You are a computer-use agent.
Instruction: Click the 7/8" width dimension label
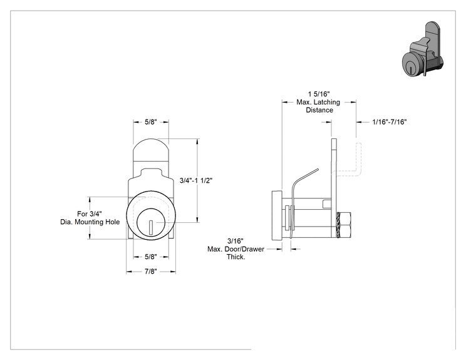(151, 272)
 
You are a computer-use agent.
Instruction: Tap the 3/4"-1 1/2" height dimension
(196, 180)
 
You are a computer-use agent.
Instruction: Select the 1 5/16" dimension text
(319, 94)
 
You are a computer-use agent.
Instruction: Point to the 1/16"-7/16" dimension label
(390, 122)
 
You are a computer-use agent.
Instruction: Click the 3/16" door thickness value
(236, 241)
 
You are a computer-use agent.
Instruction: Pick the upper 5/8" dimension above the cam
(151, 122)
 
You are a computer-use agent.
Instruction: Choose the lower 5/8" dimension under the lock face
(151, 257)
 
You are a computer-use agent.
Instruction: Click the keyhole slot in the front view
(151, 227)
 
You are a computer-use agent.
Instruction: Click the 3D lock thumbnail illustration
(423, 49)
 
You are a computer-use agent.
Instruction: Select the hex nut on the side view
(344, 225)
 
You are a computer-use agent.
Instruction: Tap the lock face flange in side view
(277, 215)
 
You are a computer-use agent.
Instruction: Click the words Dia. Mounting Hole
(90, 222)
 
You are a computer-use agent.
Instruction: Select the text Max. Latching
(318, 102)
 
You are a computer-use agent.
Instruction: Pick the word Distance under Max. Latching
(319, 110)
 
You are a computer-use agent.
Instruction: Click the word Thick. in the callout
(236, 257)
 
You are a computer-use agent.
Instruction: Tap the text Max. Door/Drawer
(236, 249)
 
